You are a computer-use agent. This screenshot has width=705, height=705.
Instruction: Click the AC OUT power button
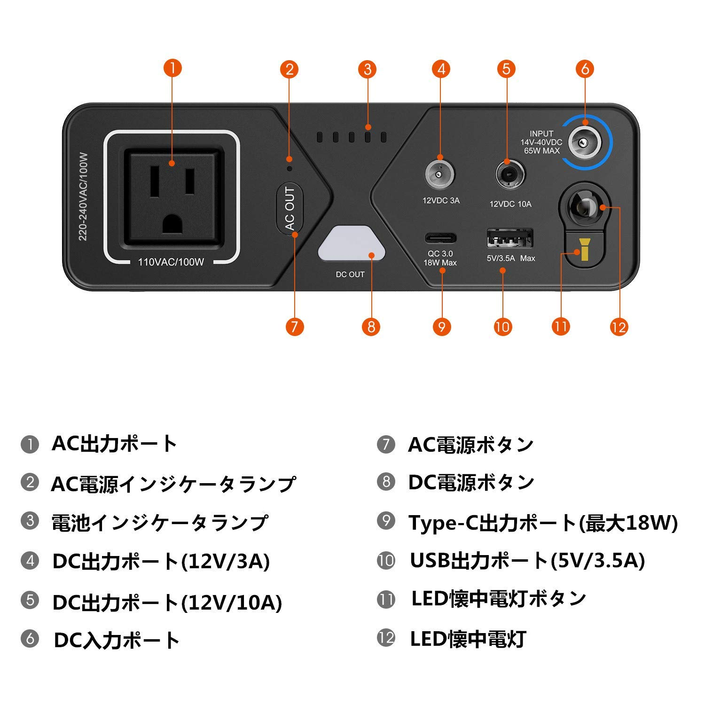tap(290, 209)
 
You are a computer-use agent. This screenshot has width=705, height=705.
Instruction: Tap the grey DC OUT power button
tap(352, 243)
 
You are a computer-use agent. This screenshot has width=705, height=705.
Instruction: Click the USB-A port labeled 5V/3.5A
tap(509, 238)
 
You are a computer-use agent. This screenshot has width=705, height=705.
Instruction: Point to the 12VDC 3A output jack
tap(440, 175)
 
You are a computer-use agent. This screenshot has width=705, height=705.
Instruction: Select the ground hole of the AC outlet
tap(172, 224)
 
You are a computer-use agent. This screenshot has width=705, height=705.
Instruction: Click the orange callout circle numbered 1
tap(172, 68)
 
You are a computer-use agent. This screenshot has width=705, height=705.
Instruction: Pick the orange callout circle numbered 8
tap(371, 327)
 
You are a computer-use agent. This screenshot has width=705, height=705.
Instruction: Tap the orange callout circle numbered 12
tap(619, 327)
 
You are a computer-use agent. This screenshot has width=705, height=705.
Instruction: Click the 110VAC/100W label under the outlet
tap(171, 262)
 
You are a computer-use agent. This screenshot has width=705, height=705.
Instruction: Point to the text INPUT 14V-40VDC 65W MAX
tap(541, 142)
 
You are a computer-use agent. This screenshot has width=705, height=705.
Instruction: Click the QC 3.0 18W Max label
tap(440, 258)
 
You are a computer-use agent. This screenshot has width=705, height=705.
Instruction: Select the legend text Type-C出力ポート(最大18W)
tap(543, 523)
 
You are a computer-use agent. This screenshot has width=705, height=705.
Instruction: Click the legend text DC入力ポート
tap(117, 640)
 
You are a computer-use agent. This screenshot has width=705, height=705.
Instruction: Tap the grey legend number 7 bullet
tap(386, 444)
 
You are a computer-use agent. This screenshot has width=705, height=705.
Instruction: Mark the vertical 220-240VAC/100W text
tap(83, 196)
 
